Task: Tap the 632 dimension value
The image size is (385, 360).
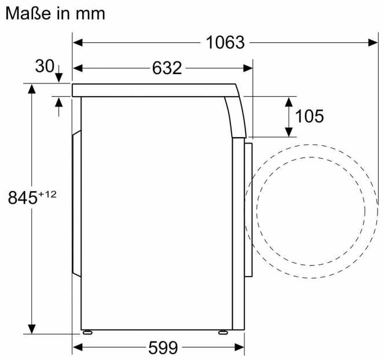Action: point(167,68)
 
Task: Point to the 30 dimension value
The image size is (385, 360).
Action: point(45,67)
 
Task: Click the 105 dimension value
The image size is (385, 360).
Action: point(309,116)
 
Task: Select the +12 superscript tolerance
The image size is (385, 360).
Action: point(47,194)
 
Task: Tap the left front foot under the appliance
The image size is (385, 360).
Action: point(88,332)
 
